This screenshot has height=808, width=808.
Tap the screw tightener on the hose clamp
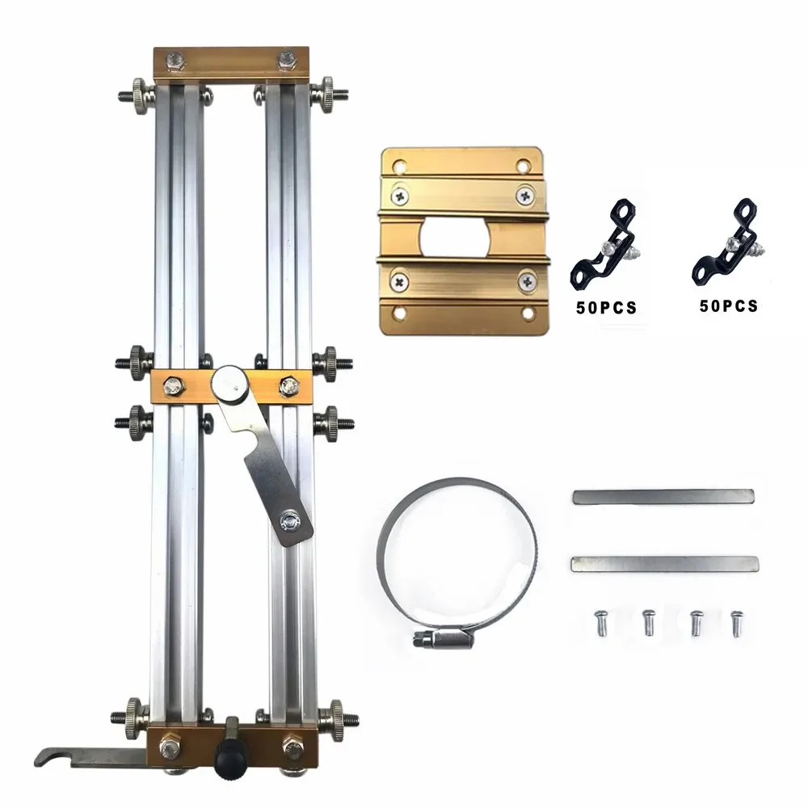tap(442, 641)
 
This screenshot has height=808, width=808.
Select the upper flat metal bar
tap(663, 496)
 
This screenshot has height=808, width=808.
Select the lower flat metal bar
tap(665, 564)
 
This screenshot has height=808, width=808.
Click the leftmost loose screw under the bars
tap(600, 622)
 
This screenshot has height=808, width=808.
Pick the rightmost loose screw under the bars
tap(738, 622)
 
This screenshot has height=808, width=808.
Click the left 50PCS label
tap(607, 308)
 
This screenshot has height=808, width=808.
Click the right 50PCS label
tap(728, 305)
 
